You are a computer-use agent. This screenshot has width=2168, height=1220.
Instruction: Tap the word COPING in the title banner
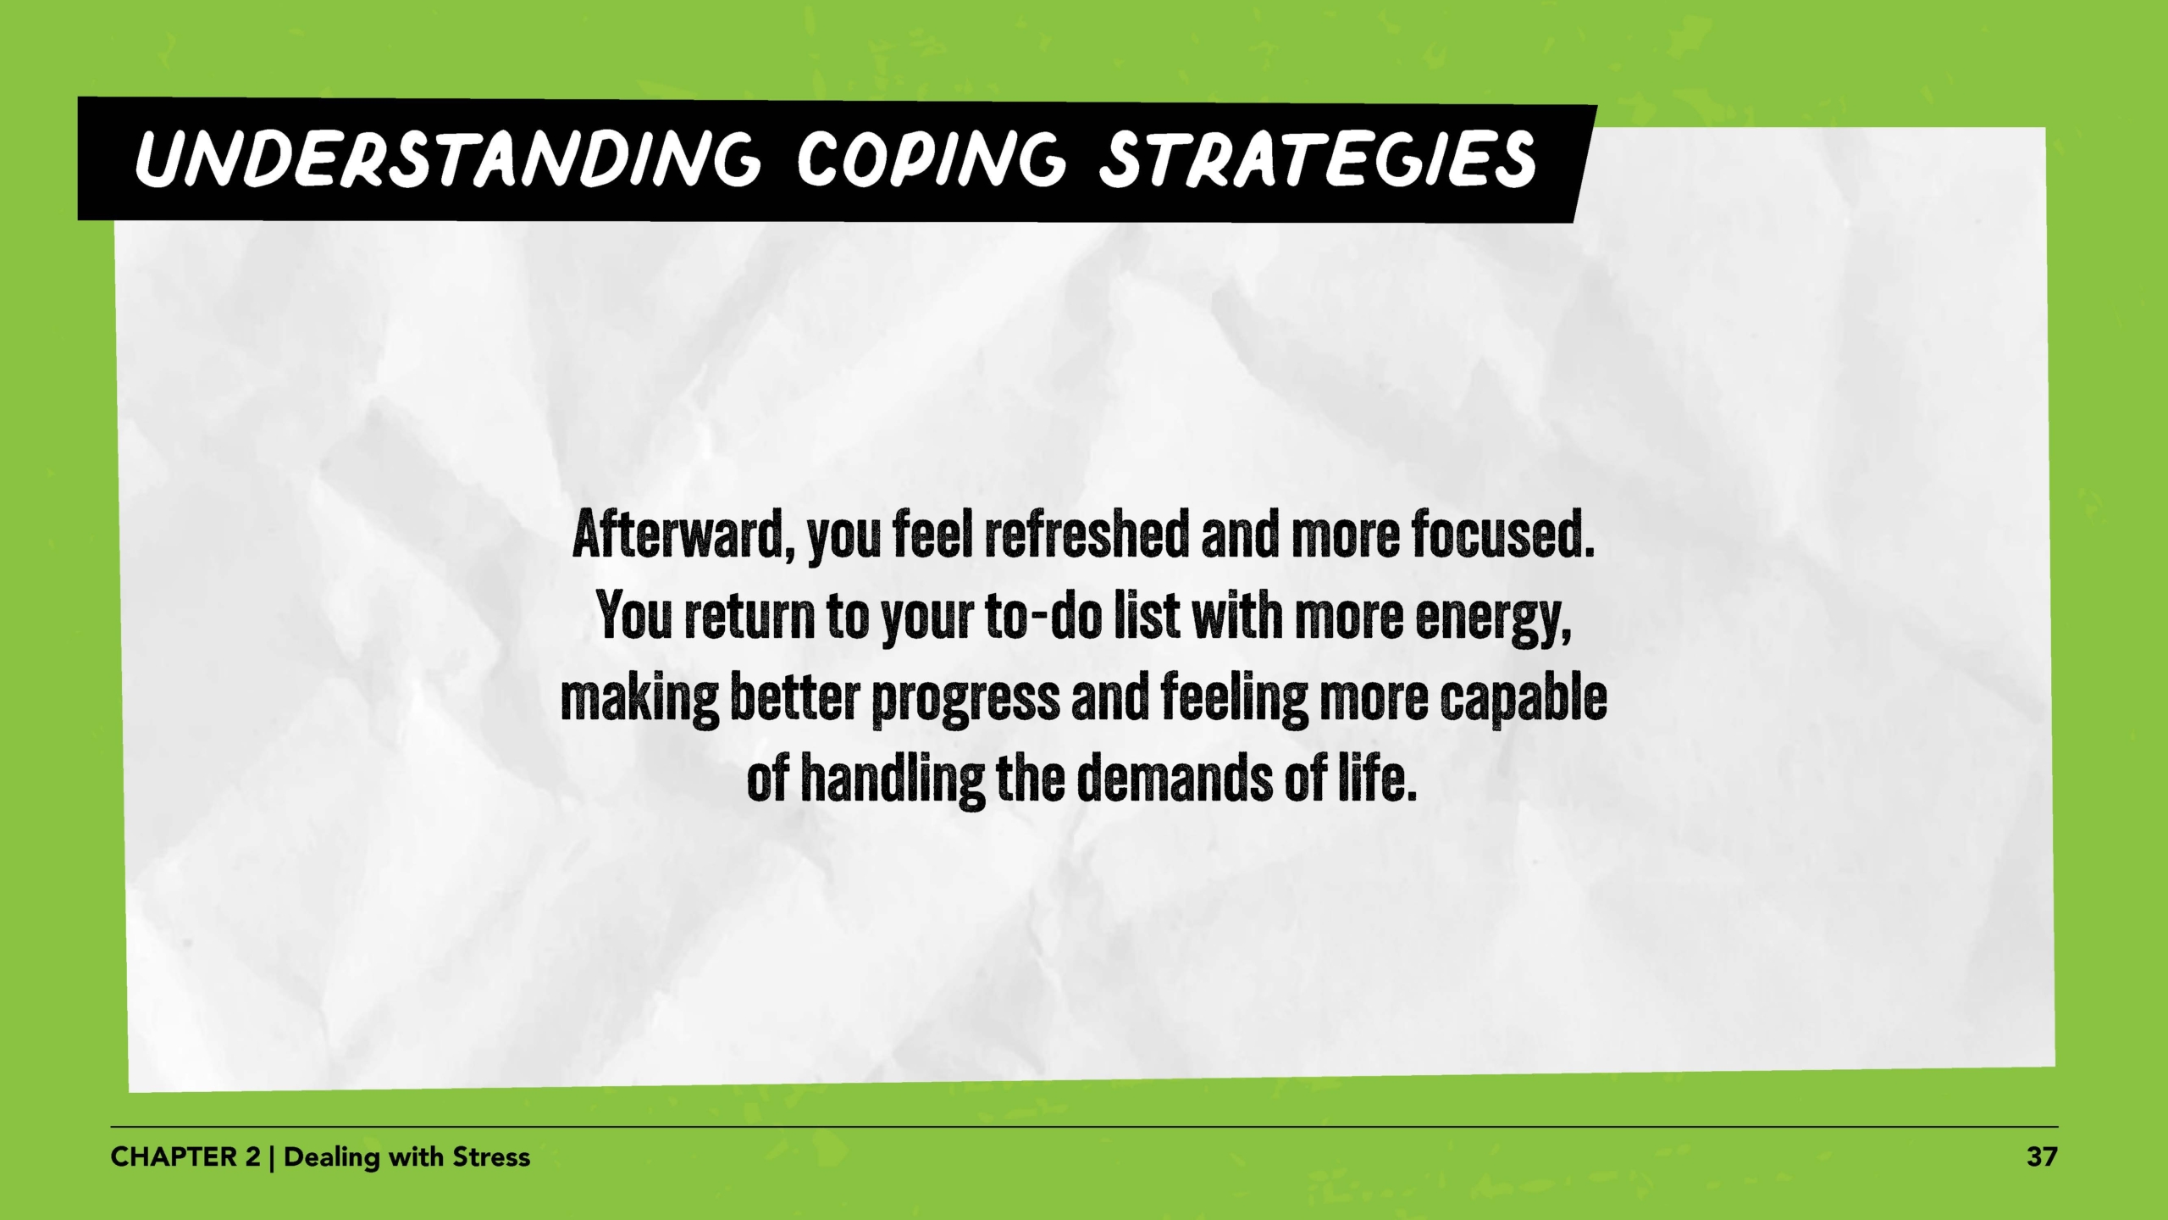coord(928,159)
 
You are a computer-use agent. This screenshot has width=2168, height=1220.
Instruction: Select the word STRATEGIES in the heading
coord(1317,159)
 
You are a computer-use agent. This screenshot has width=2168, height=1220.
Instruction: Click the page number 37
coord(2041,1156)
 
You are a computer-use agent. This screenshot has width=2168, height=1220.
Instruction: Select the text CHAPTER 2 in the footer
coord(185,1156)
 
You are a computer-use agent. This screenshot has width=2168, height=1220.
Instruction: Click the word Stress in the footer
coord(491,1156)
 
